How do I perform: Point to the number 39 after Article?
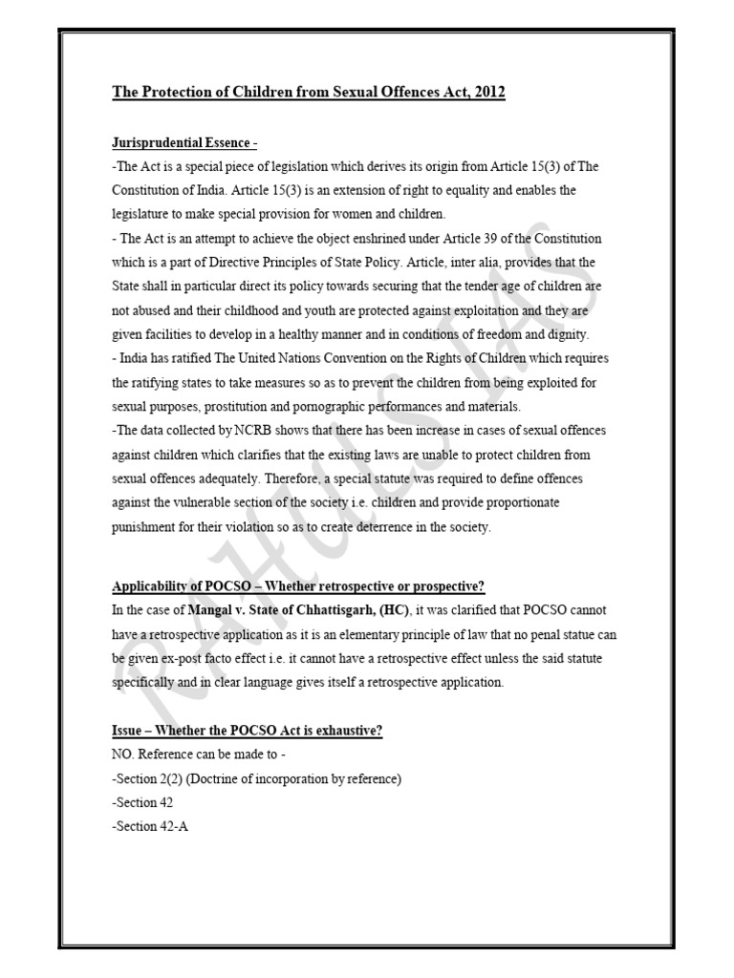click(508, 239)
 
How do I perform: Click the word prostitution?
click(233, 406)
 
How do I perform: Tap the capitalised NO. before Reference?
click(123, 755)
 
